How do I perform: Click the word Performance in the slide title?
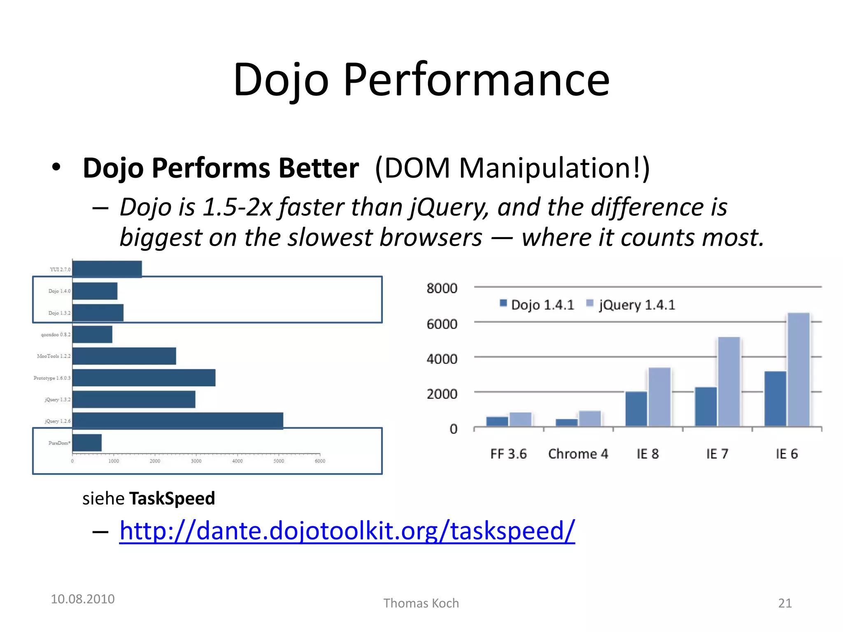tap(476, 80)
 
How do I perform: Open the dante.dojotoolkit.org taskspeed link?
tap(347, 530)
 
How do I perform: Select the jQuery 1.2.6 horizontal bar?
tap(177, 421)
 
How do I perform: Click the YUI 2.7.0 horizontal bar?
tap(107, 269)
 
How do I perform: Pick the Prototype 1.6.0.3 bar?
tap(144, 378)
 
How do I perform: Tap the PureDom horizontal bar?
tap(87, 443)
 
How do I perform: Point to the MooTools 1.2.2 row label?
tap(54, 356)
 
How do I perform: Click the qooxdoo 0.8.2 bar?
tap(92, 334)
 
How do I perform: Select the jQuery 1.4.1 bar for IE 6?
tap(798, 369)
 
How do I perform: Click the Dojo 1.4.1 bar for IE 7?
tap(706, 407)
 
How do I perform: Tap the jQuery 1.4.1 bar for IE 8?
tap(659, 397)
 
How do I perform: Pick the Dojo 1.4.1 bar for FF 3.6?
tap(497, 421)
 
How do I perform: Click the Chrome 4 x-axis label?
tap(578, 454)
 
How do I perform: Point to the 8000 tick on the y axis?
tap(442, 288)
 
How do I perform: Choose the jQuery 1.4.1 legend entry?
tap(631, 305)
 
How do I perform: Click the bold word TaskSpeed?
tap(172, 498)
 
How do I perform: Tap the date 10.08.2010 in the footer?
tap(82, 599)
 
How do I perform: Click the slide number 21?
tap(785, 603)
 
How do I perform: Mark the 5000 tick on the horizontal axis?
tap(279, 461)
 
